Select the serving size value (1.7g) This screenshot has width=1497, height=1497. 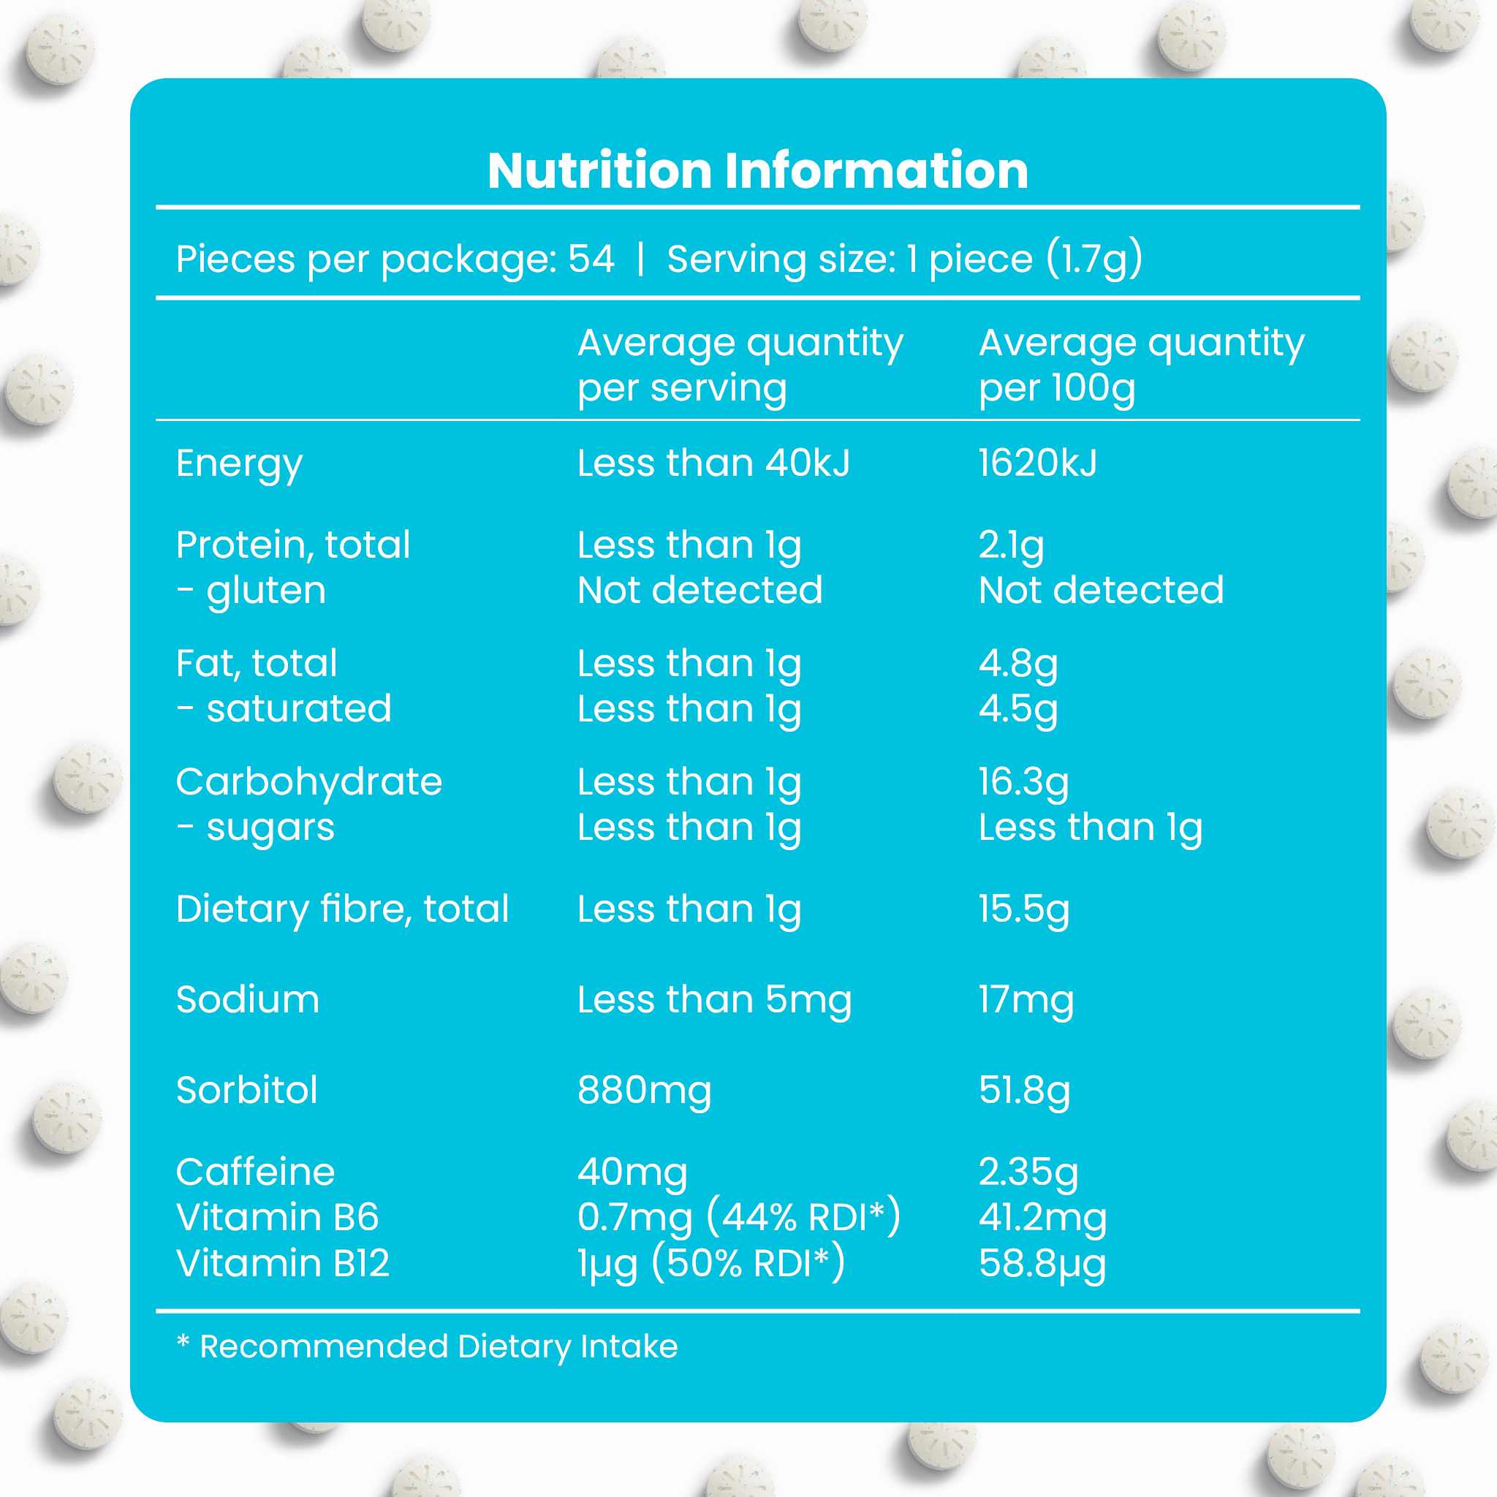(1094, 259)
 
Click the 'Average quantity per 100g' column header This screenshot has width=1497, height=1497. (1140, 365)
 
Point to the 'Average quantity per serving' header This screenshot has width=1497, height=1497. (740, 365)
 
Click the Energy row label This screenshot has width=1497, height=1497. (238, 465)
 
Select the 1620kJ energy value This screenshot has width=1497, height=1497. (1037, 463)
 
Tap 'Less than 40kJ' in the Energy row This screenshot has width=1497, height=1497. (713, 463)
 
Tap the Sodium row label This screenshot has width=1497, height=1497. (247, 998)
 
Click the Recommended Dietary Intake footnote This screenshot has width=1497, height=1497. (427, 1346)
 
